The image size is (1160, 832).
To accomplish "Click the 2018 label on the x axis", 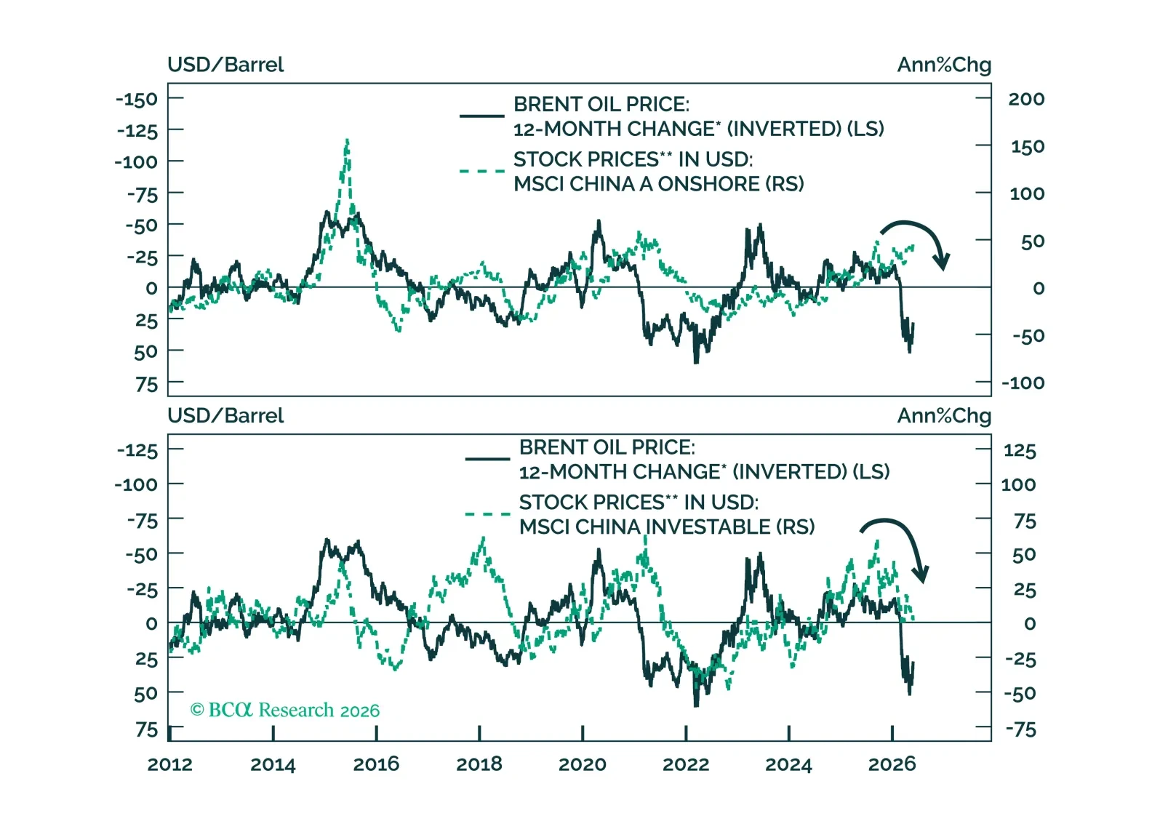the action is tap(479, 764).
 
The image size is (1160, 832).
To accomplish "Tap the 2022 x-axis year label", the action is tap(686, 764).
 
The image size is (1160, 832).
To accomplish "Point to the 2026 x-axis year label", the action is tap(892, 764).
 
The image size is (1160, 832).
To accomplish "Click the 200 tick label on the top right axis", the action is tap(1026, 99).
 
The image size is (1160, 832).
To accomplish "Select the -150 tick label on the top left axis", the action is tap(137, 99).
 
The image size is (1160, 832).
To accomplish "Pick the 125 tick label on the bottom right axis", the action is tap(1020, 450).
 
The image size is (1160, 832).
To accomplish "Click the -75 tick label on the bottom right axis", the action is tap(1020, 729).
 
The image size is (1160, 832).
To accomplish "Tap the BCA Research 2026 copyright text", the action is tap(285, 710).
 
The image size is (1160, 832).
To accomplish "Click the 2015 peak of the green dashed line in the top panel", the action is tap(347, 140).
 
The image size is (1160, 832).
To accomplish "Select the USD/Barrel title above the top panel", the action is tap(225, 65).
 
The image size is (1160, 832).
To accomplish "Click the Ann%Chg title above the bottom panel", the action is tap(944, 416).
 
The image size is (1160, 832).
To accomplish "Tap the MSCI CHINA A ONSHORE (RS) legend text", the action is tap(659, 184).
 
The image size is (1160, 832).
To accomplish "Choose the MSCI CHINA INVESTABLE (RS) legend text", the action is tap(667, 527).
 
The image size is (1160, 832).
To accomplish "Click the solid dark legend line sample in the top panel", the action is tap(481, 116).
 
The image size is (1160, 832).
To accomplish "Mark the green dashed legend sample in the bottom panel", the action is tap(488, 514).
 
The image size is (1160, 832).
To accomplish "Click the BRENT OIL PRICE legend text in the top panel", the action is tap(601, 104).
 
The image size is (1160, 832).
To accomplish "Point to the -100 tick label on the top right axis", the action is tap(1023, 383).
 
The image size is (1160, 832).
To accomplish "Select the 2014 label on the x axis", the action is tap(273, 764).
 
